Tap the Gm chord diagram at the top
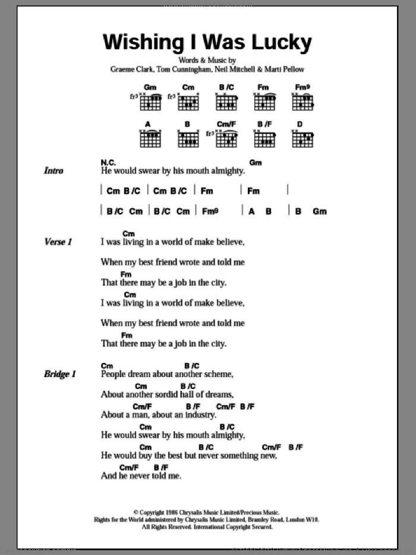(150, 102)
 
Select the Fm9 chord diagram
(302, 102)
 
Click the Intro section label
(53, 171)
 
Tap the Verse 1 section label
(58, 242)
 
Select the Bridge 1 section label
(60, 374)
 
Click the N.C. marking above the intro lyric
(109, 162)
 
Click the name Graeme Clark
(131, 69)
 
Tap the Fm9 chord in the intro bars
(210, 211)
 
